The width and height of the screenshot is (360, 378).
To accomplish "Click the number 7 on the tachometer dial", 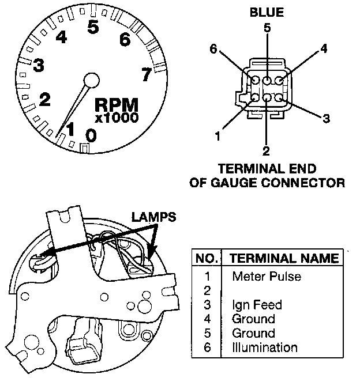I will coord(146,74).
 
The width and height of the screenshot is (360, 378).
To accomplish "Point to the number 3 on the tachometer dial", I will coord(38,66).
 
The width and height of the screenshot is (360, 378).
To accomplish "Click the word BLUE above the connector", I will coord(267,12).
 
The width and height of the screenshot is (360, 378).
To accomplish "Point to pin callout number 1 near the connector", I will coord(217,137).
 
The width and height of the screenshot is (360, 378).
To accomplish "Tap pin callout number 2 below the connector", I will coord(266,152).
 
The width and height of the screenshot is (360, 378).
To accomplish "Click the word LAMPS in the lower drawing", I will coord(153,217).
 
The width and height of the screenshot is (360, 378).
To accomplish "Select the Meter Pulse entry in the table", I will coord(266,277).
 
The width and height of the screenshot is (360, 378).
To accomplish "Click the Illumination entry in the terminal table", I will coord(264,347).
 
